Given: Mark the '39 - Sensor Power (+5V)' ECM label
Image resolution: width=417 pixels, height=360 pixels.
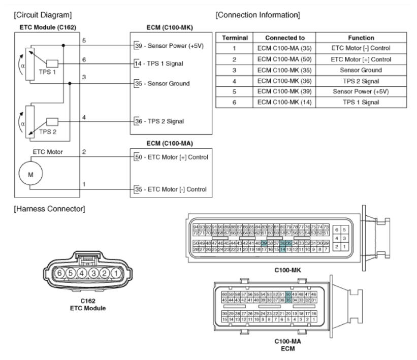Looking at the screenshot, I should [169, 45].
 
